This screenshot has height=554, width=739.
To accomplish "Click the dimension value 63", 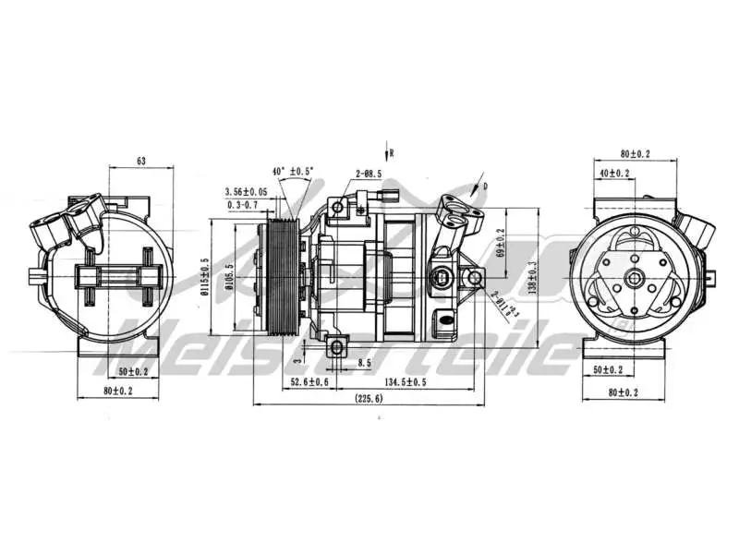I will (141, 161).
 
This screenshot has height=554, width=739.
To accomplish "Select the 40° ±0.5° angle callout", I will (293, 171).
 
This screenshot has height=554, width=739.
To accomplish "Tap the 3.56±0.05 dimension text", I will (246, 191).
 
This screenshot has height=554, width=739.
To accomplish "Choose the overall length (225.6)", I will (369, 399).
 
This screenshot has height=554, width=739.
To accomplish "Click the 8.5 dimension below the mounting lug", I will (365, 364).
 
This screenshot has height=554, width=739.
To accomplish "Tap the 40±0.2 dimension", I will (614, 173).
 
